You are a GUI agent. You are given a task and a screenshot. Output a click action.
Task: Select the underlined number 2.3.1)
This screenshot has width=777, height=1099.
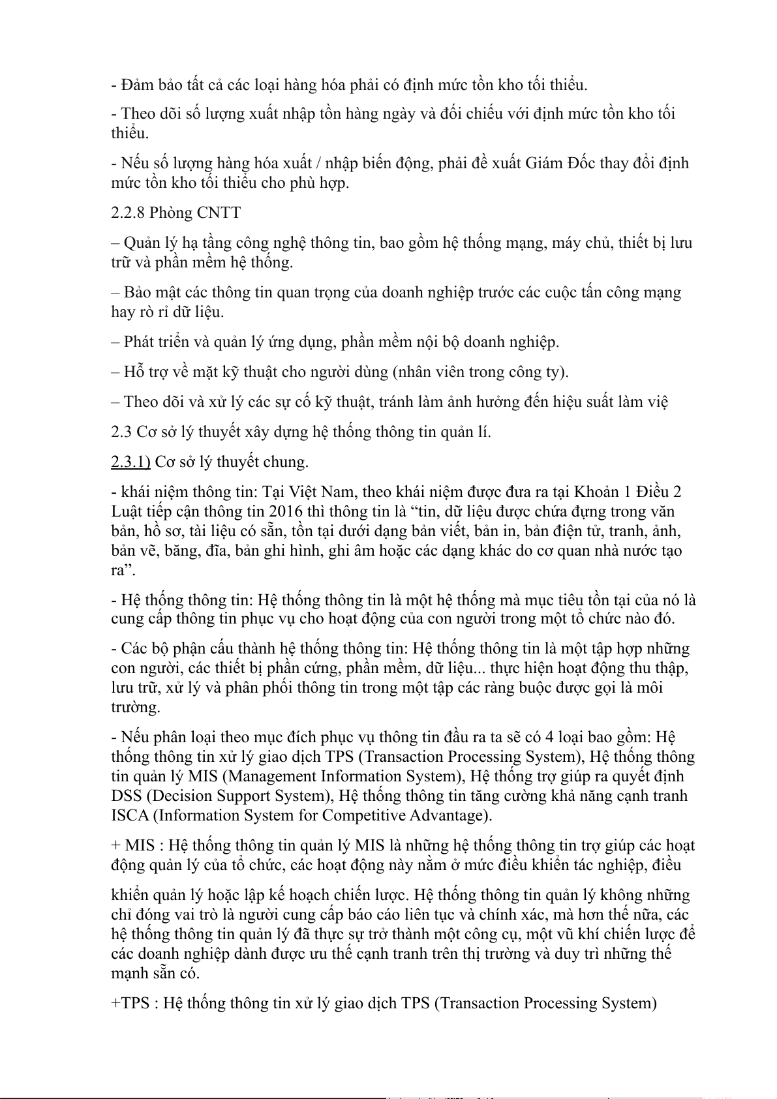(130, 462)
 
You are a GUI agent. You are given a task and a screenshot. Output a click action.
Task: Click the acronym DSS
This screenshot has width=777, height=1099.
(127, 796)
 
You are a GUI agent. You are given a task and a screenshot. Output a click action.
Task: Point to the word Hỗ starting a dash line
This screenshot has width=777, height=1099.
(133, 372)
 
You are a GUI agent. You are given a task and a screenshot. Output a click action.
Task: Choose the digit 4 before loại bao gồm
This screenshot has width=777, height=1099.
(549, 737)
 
